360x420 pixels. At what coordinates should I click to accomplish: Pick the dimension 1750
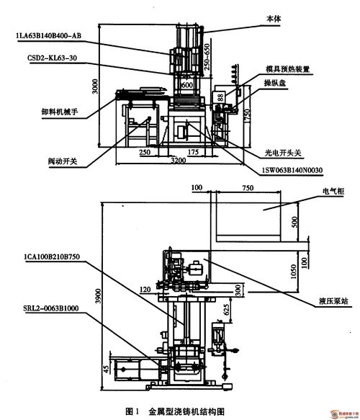(248, 116)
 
